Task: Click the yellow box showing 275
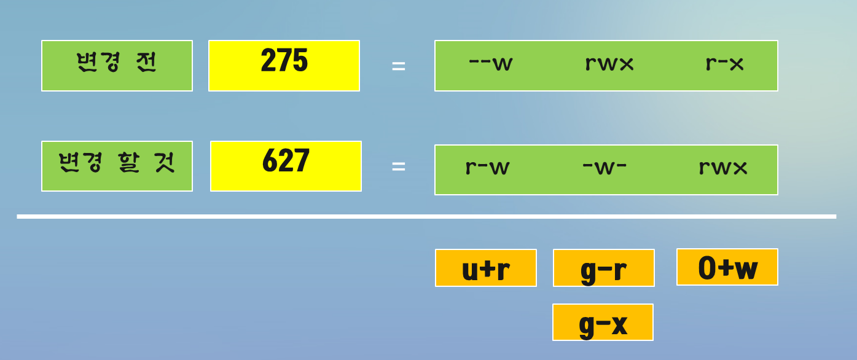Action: pos(284,66)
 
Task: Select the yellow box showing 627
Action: pos(286,166)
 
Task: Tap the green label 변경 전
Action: pos(117,66)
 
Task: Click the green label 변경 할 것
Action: pos(117,166)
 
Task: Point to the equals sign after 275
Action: pos(399,66)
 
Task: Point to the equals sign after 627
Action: pos(399,166)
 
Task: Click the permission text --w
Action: pos(490,63)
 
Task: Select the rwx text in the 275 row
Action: pos(609,63)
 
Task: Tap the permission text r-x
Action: pos(724,63)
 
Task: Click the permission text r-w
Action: pos(487,167)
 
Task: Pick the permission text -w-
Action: pos(605,167)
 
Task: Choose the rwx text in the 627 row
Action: pos(723,167)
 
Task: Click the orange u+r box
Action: pos(485,268)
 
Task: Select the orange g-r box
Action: pos(603,268)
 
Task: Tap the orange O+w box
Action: pos(727,267)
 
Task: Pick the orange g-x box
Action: pos(603,322)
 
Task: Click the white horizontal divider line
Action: pos(426,216)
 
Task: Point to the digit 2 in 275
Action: pos(268,61)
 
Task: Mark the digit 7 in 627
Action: pos(301,161)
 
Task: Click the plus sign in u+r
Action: pos(487,269)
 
